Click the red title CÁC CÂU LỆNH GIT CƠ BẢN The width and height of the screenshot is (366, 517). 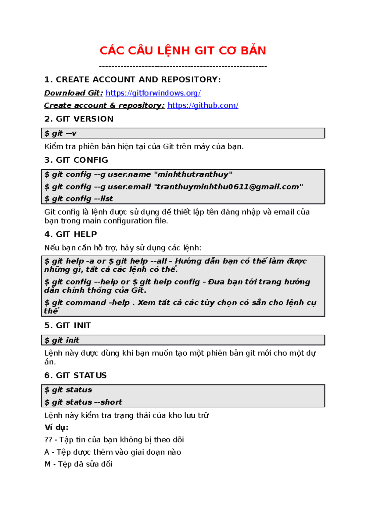183,51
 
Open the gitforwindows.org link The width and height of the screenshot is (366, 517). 153,93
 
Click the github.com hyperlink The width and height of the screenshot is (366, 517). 203,105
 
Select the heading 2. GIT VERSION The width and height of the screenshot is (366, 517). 79,119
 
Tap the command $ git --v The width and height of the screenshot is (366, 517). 60,133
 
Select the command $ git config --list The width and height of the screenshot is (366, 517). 79,199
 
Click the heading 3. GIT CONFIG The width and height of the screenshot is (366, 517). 76,160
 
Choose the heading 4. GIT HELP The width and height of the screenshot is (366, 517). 70,234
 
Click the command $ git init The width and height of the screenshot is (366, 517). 62,340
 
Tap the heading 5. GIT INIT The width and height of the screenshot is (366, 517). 67,325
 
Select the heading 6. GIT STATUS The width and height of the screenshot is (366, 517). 75,375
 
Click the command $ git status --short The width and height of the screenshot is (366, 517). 83,402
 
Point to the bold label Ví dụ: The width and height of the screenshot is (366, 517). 56,427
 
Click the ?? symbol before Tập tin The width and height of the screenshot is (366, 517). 48,440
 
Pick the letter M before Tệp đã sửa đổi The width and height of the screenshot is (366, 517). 48,464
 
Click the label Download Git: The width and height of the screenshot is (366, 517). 74,93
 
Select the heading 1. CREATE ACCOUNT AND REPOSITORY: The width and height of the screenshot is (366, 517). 132,79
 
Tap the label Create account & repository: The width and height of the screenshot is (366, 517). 104,105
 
